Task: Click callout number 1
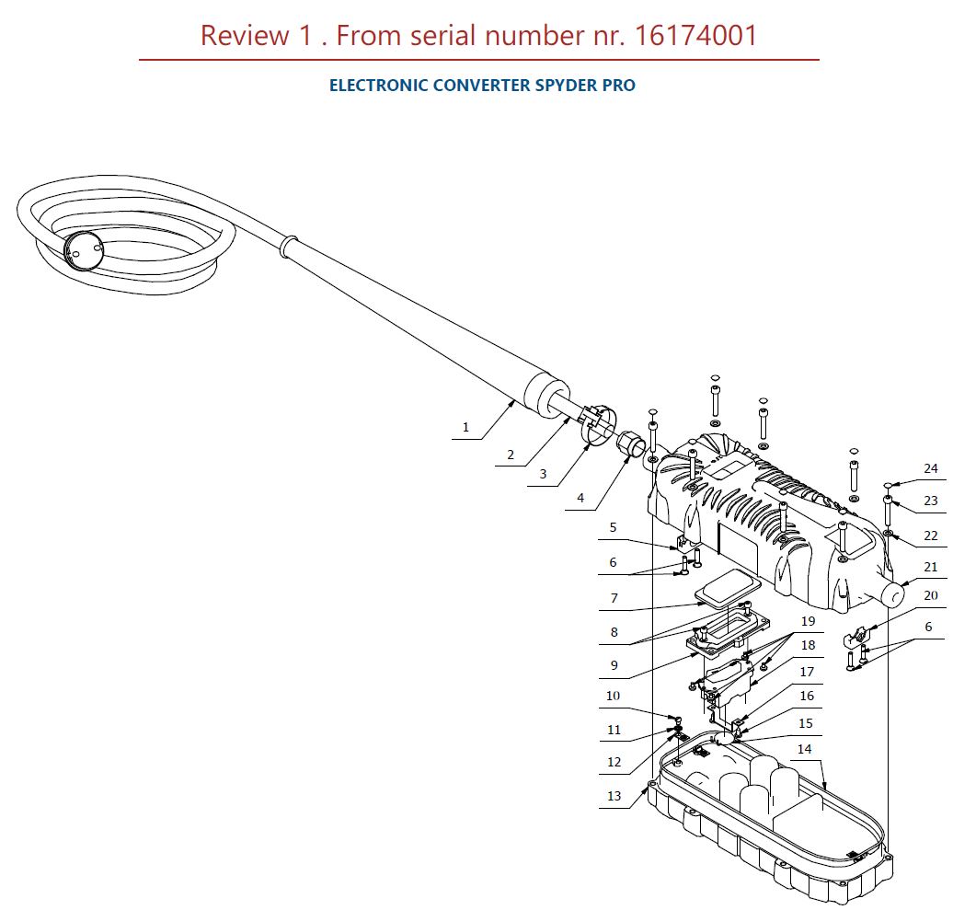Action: (465, 427)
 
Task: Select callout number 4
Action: (580, 498)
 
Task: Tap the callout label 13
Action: (614, 796)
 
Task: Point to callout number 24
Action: (931, 468)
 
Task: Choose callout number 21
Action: (931, 567)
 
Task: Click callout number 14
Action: (805, 749)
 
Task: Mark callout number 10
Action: (613, 696)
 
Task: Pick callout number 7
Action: (614, 598)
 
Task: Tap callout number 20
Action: (931, 595)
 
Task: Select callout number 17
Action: (807, 672)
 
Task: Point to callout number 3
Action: (543, 474)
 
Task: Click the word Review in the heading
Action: (244, 35)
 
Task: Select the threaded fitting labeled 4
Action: (628, 443)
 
